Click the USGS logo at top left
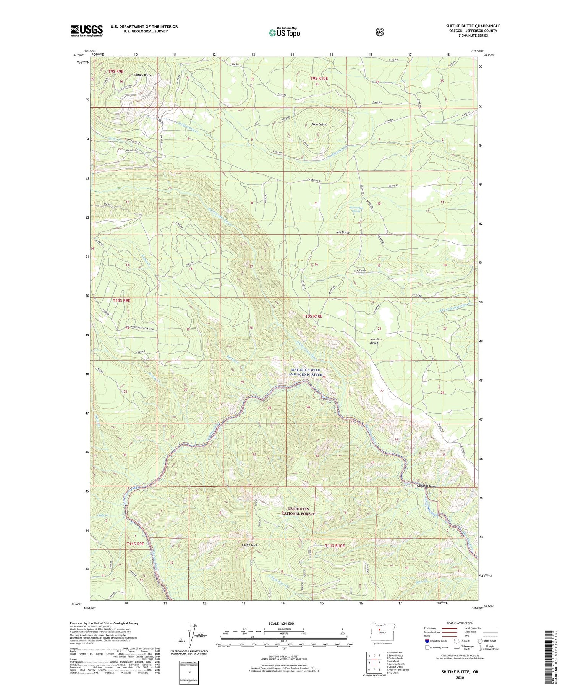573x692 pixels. (87, 31)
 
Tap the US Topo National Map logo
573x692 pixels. (284, 32)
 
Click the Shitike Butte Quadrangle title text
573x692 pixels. (473, 26)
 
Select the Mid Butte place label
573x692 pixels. (343, 232)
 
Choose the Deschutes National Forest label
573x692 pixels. (298, 511)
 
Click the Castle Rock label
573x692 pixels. (249, 545)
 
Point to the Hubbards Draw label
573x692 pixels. (425, 486)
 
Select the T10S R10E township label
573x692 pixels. (312, 316)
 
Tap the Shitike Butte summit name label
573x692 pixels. (142, 76)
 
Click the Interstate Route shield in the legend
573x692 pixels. (427, 641)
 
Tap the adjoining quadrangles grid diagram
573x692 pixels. (374, 662)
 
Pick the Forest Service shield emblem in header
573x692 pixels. (379, 32)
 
